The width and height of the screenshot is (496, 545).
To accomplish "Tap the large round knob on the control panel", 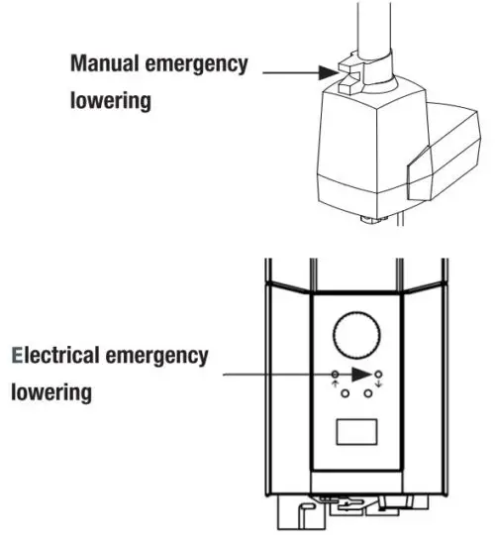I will [357, 335].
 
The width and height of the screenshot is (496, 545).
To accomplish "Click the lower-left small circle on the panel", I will [346, 393].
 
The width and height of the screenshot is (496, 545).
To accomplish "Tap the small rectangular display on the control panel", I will [357, 433].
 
